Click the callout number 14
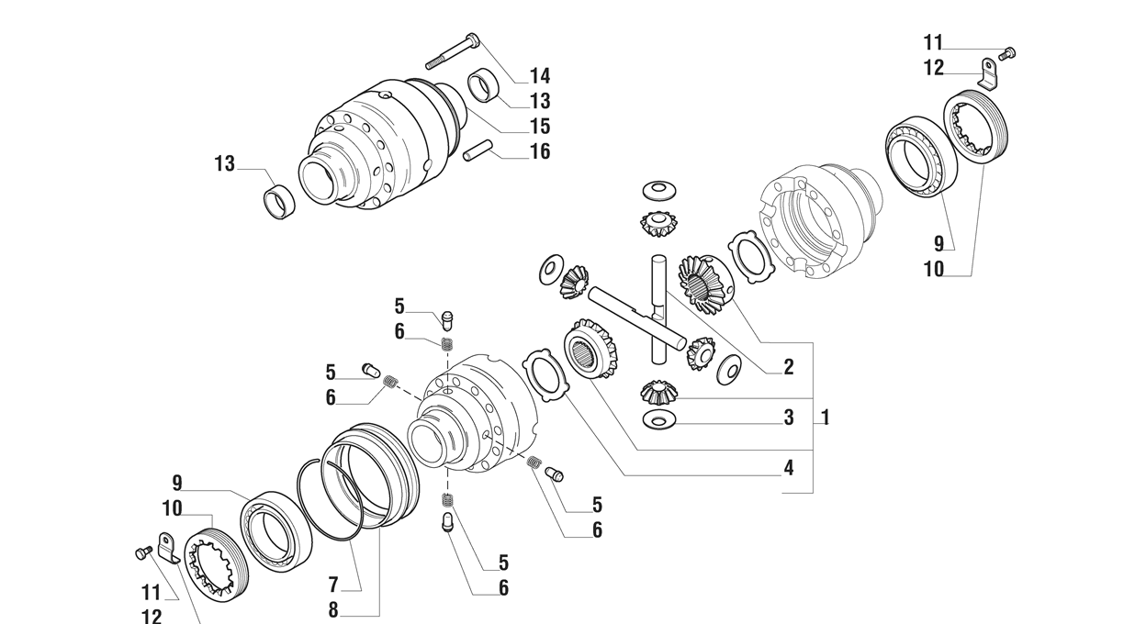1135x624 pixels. tap(540, 76)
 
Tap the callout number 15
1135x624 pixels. tap(540, 126)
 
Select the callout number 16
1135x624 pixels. tap(540, 151)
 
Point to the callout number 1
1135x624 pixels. tap(826, 418)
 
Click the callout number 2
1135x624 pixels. tap(789, 367)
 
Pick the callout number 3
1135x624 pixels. tap(789, 418)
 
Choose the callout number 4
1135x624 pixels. tap(789, 467)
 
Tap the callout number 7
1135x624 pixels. tap(333, 585)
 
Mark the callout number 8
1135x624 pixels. tap(333, 610)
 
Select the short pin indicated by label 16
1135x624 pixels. tap(478, 150)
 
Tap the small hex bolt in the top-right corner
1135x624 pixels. tap(1008, 52)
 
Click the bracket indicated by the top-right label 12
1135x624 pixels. tap(988, 74)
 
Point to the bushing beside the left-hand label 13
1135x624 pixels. tap(279, 202)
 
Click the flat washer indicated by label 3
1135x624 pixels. tap(657, 420)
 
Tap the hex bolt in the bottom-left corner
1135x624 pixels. tap(143, 553)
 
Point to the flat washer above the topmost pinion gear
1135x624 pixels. tap(658, 191)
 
